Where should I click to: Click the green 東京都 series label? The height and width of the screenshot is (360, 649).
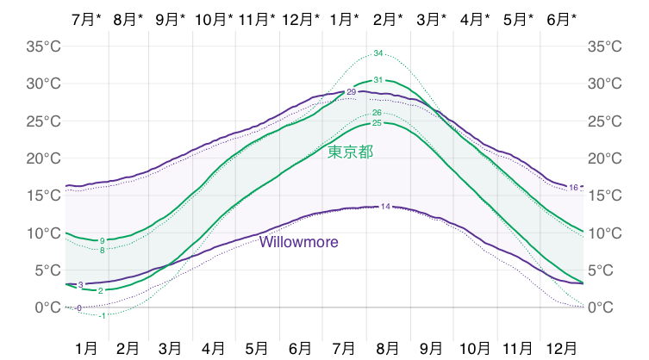[x=350, y=152]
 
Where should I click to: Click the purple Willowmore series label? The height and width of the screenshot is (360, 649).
[x=299, y=242]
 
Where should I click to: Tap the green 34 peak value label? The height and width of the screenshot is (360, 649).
[x=378, y=54]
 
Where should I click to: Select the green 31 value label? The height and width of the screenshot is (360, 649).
[x=378, y=80]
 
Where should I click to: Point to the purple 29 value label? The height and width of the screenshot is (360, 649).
[x=351, y=92]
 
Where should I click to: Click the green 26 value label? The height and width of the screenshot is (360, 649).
[x=377, y=113]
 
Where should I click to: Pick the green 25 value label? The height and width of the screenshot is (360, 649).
[x=377, y=123]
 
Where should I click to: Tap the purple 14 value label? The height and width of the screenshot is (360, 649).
[x=385, y=207]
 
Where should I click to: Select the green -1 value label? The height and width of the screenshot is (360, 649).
[x=103, y=315]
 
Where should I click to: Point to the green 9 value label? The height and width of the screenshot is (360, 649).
[x=103, y=240]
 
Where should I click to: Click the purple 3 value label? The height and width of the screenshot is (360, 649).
[x=80, y=284]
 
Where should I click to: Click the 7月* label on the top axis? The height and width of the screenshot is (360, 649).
[x=85, y=18]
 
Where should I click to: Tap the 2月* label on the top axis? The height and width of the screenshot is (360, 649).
[x=388, y=18]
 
